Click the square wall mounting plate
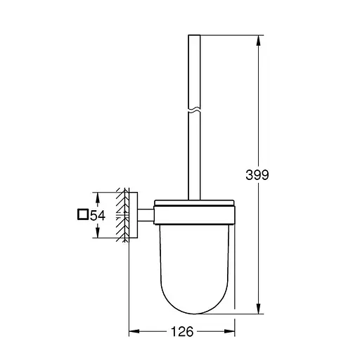coord(135,214)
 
